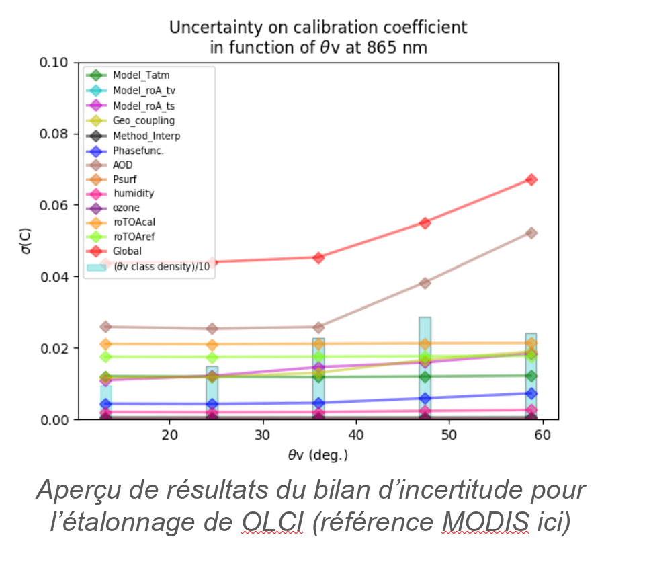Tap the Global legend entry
(127, 251)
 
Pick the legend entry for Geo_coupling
(143, 121)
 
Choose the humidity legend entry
(133, 194)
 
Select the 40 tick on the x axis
(356, 435)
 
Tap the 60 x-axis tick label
(542, 435)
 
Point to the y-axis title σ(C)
(26, 241)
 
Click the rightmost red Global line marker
(531, 179)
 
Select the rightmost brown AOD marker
(531, 233)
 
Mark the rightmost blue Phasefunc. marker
(531, 393)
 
